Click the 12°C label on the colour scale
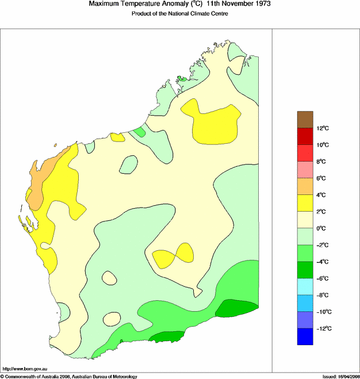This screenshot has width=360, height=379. (323, 128)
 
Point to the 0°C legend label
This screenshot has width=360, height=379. (323, 228)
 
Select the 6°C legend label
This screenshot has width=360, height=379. (323, 178)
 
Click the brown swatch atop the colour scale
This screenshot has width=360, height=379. (305, 119)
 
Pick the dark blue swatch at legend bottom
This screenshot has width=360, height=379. (305, 336)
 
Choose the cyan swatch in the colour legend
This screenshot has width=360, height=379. (305, 286)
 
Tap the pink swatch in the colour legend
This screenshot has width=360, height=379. (305, 169)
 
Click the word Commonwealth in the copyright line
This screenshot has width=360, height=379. (24, 376)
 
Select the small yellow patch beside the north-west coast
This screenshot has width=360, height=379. (117, 137)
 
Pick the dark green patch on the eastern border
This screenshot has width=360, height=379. (236, 308)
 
